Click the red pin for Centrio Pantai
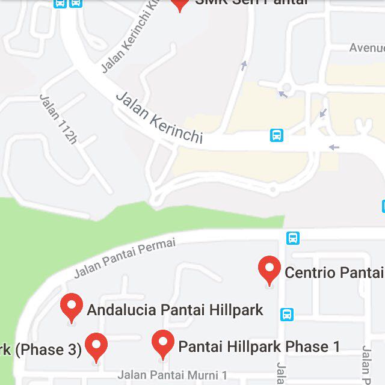(269, 269)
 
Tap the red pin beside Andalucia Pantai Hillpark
(72, 306)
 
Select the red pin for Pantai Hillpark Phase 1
(162, 343)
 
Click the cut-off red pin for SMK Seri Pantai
(179, 4)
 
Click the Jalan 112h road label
(58, 119)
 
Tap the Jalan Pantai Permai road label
(125, 257)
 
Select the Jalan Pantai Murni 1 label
(172, 375)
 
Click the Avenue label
(366, 48)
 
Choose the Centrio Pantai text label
(334, 273)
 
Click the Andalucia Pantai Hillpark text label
(175, 310)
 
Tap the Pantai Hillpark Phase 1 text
(259, 346)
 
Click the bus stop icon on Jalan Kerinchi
(276, 135)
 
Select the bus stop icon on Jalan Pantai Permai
(293, 238)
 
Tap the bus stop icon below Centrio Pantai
(287, 314)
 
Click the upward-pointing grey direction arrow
(244, 65)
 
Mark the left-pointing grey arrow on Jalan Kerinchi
(333, 147)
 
